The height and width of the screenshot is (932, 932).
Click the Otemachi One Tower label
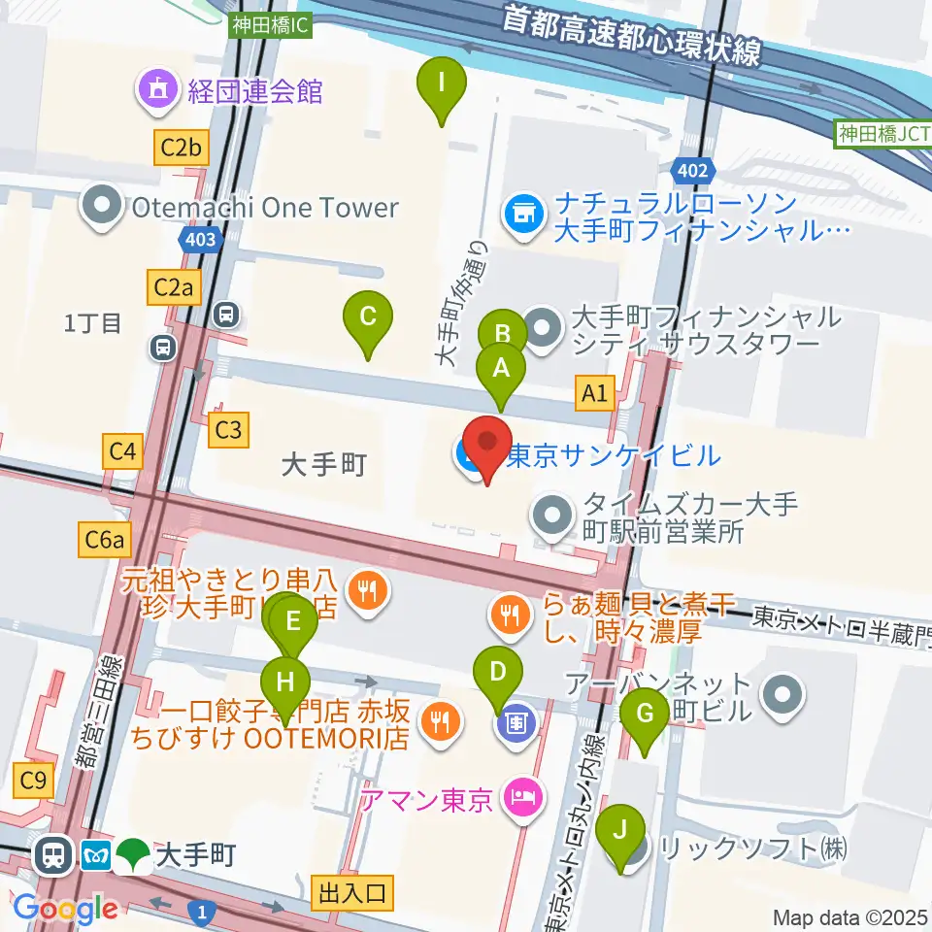click(264, 207)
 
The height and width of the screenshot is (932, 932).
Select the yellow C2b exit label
click(182, 148)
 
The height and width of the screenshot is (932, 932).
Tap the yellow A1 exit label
click(596, 392)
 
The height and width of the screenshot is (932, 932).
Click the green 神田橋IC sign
click(271, 26)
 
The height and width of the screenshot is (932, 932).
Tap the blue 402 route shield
click(693, 172)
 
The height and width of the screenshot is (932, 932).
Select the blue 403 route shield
click(196, 239)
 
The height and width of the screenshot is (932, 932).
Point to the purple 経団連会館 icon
click(156, 91)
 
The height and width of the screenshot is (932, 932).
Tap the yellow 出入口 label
click(352, 890)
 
